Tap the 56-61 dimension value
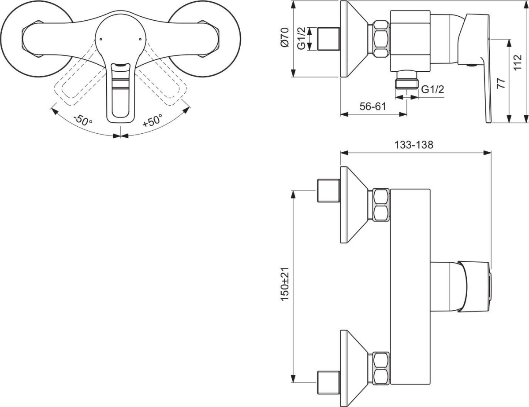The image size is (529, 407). tap(373, 106)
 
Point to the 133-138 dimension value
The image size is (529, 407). tap(414, 145)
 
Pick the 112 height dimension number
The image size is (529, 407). tap(518, 62)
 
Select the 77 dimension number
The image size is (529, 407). tap(501, 83)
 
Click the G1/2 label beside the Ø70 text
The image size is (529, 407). tap(302, 38)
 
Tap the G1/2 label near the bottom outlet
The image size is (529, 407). tap(432, 89)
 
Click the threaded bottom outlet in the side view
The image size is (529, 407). tap(406, 80)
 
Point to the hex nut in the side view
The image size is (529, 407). tap(381, 39)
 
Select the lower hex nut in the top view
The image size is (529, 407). tap(381, 368)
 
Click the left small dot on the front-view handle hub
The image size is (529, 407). tap(101, 39)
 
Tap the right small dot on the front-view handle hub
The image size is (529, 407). tap(140, 39)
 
